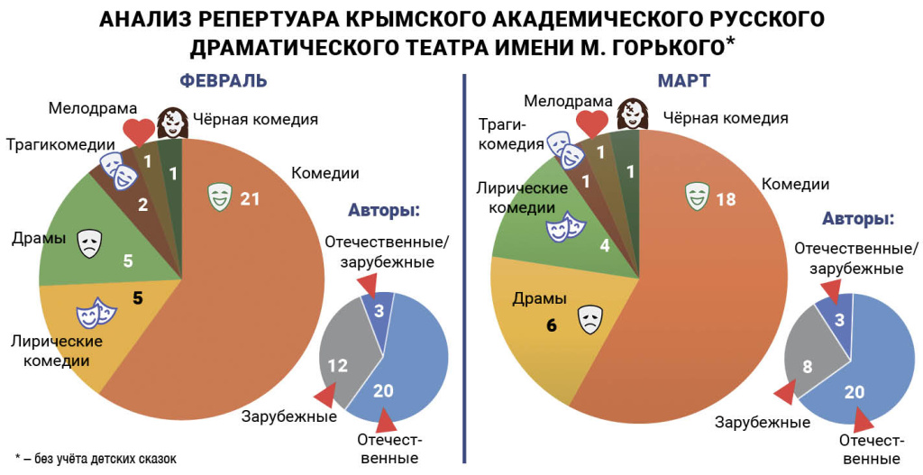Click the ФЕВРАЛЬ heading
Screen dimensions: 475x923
pos(224,80)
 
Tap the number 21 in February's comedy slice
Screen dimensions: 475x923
pos(250,197)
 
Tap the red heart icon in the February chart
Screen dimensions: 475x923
pos(139,132)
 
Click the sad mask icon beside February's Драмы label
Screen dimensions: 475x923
pos(88,244)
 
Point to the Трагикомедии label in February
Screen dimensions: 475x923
pos(60,144)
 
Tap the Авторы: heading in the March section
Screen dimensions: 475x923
pos(858,219)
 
